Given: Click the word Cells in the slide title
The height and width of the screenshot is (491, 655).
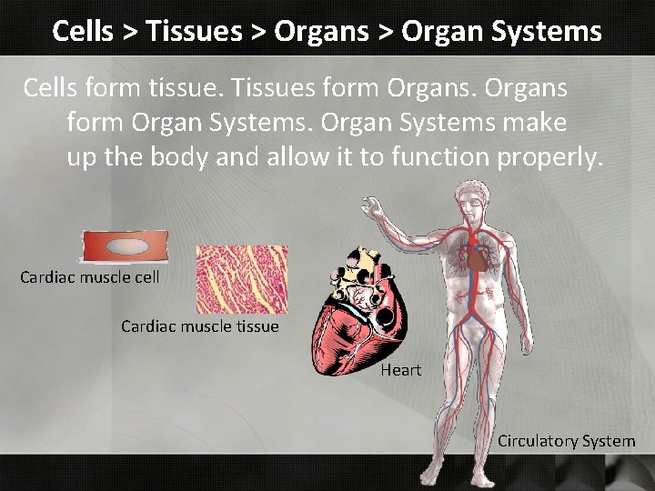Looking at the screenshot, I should pyautogui.click(x=82, y=31).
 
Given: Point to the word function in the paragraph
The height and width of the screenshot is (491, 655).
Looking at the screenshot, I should pyautogui.click(x=440, y=157).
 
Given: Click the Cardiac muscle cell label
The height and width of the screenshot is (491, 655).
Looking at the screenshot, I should pyautogui.click(x=89, y=277).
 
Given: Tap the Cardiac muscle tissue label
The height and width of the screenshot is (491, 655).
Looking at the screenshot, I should pyautogui.click(x=200, y=326).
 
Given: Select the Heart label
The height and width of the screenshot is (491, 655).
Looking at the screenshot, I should pyautogui.click(x=401, y=370).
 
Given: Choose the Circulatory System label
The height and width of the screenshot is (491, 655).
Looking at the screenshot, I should pyautogui.click(x=566, y=441).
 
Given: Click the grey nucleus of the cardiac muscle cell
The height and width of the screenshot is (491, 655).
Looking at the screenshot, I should pyautogui.click(x=126, y=246).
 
